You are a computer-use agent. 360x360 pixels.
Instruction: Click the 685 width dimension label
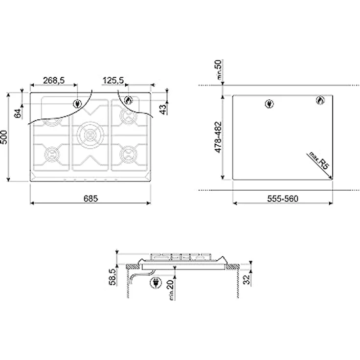[x=90, y=199]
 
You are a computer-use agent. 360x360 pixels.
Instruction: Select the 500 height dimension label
[x=4, y=137]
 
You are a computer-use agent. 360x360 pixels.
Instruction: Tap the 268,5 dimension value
[x=54, y=80]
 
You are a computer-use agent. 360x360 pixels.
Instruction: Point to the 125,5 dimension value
[x=113, y=80]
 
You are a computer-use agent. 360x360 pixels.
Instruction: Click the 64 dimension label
[x=18, y=113]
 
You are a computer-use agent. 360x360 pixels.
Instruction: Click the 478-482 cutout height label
[x=218, y=137]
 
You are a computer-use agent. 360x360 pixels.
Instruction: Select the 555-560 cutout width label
[x=283, y=199]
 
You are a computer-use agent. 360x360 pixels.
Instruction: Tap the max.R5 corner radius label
[x=319, y=160]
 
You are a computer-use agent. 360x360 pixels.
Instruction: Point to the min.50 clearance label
[x=219, y=69]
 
